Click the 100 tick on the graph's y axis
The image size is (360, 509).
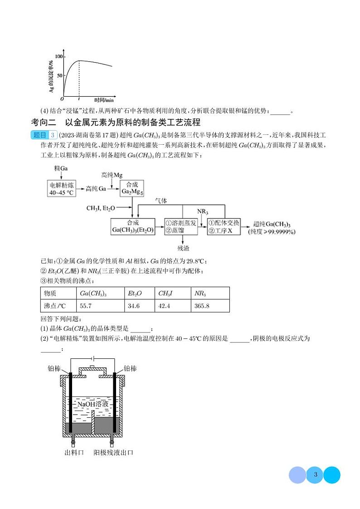pyautogui.click(x=58, y=56)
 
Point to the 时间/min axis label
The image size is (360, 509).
pyautogui.click(x=104, y=100)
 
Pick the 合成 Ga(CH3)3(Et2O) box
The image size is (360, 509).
pyautogui.click(x=133, y=226)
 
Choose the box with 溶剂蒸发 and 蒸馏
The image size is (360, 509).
pyautogui.click(x=181, y=226)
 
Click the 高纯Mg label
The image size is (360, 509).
pyautogui.click(x=112, y=175)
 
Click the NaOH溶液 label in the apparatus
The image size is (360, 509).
pyautogui.click(x=92, y=404)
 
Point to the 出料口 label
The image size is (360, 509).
pyautogui.click(x=74, y=452)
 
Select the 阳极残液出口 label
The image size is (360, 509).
pyautogui.click(x=113, y=452)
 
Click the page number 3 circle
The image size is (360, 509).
pyautogui.click(x=315, y=475)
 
